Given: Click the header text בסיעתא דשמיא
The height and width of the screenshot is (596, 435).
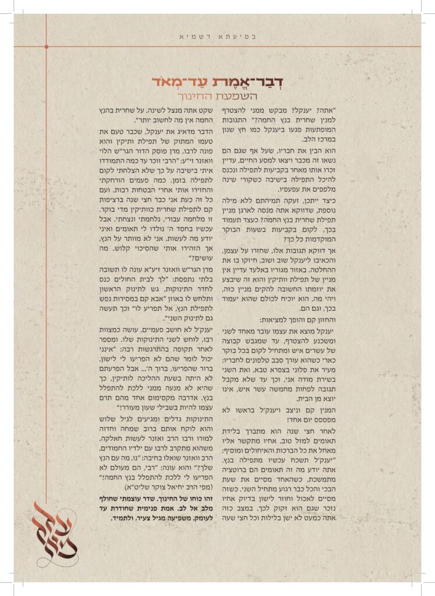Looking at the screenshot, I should tap(217, 36).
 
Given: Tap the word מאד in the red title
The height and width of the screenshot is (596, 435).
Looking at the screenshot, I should tap(169, 82).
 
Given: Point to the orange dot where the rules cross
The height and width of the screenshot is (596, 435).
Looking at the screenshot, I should tap(46, 46).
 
